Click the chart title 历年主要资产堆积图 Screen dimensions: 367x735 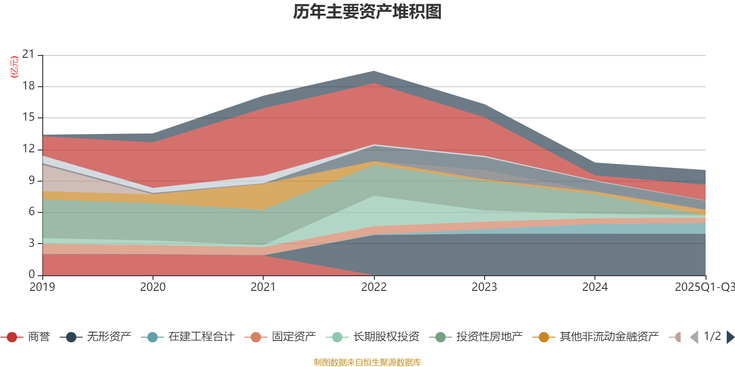coord(367,12)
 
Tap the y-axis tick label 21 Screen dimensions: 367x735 coord(28,55)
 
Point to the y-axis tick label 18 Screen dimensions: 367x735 coord(28,86)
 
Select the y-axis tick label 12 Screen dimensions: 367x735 coord(28,149)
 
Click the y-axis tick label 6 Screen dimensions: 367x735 coord(32,211)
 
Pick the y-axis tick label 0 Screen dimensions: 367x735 coord(32,274)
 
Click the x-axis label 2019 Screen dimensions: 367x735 coord(42,287)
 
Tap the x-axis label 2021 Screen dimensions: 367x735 coord(263,287)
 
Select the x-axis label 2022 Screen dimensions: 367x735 coord(374,287)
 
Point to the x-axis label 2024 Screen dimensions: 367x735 coord(595,287)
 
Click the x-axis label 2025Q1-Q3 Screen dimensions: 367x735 coord(704,287)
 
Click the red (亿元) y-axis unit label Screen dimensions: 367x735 coord(15,67)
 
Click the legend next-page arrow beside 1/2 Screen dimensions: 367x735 coord(730,337)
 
